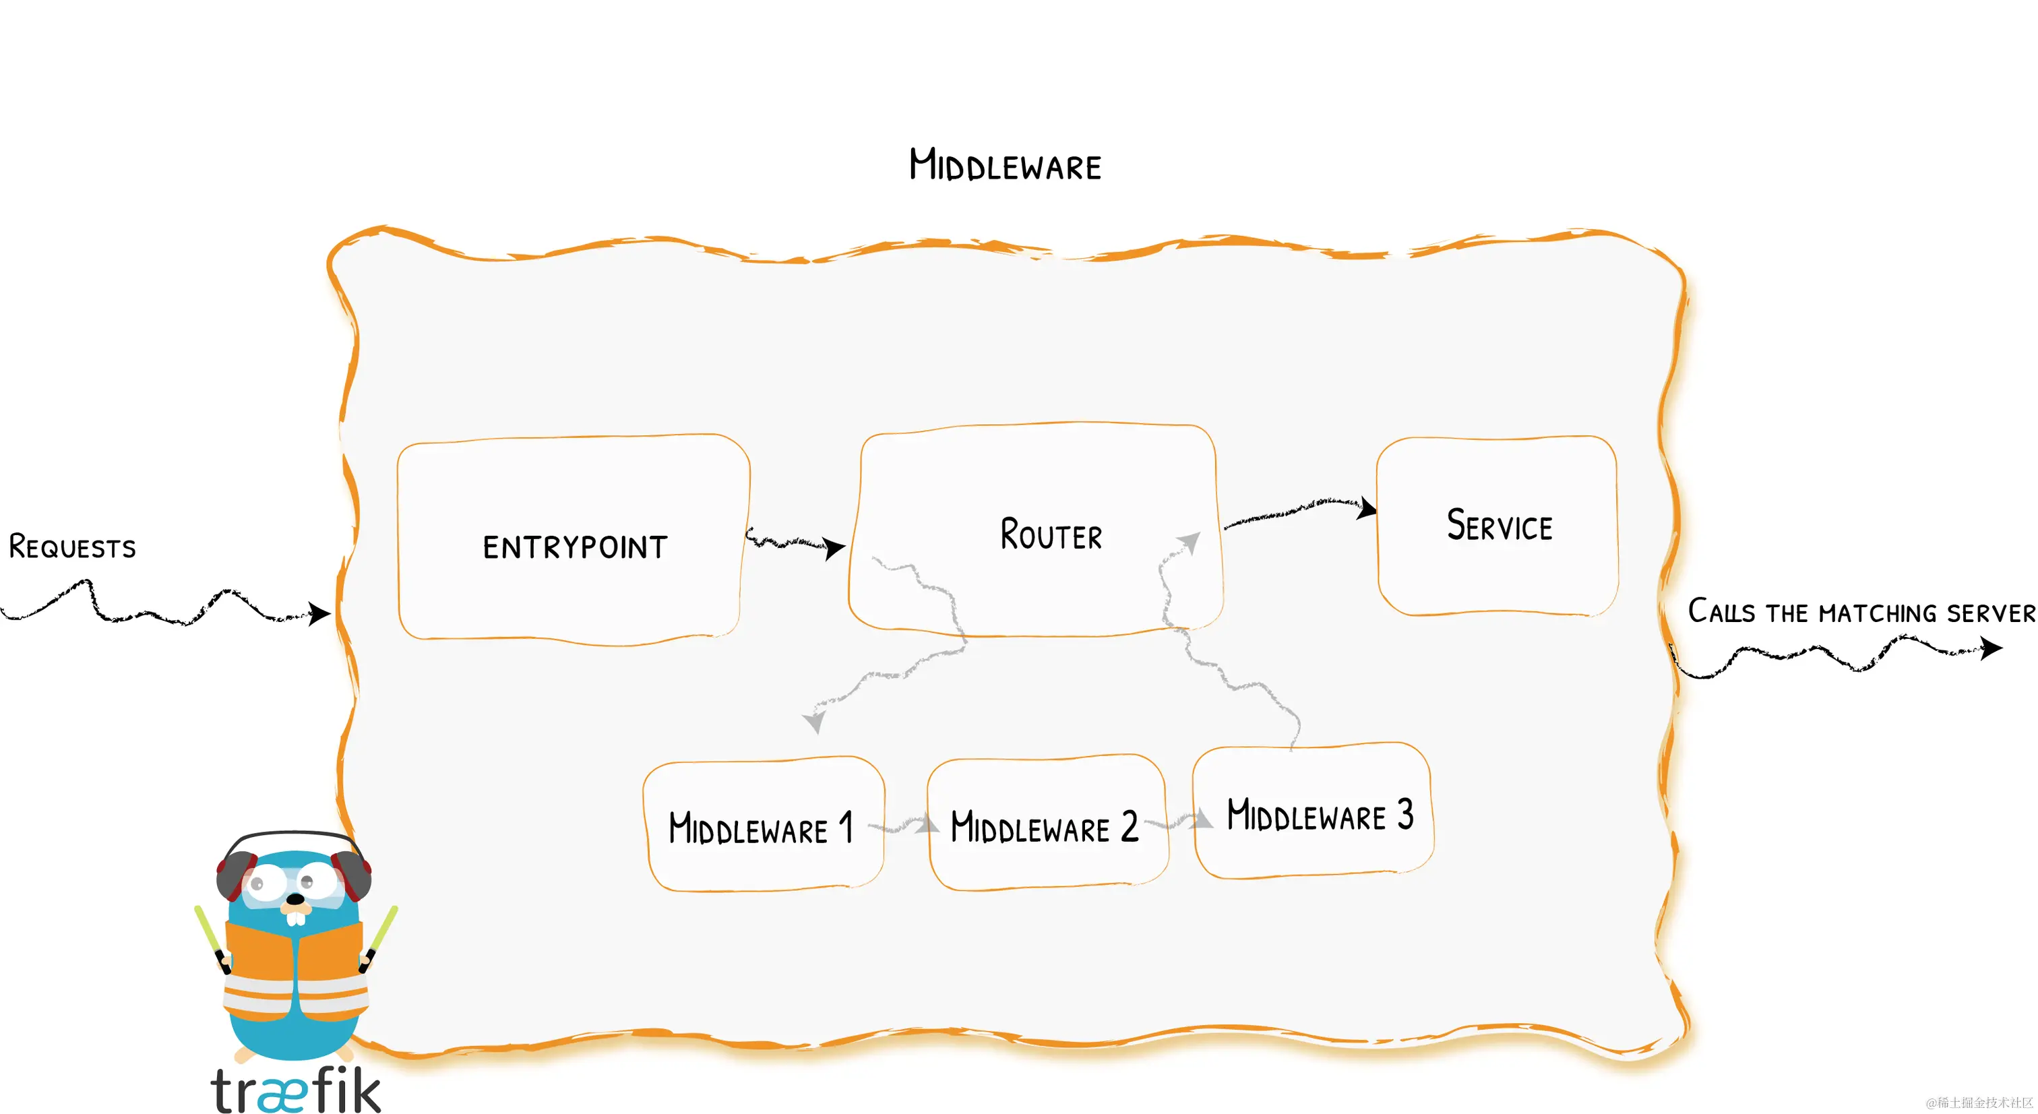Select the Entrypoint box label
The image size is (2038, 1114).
(x=575, y=547)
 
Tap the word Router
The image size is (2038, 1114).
(x=1051, y=535)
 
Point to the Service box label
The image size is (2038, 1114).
(x=1500, y=526)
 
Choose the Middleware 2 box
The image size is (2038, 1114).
(x=1045, y=826)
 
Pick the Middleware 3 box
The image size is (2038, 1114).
(x=1320, y=815)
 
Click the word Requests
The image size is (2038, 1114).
(x=72, y=547)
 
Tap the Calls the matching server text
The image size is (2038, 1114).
(x=1861, y=613)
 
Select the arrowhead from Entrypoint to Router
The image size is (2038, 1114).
(x=834, y=547)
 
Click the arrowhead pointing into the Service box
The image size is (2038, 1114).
(x=1366, y=509)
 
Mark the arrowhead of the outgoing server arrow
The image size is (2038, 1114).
(x=1991, y=649)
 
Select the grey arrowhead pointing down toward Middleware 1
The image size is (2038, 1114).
(x=813, y=722)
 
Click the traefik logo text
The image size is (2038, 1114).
(x=296, y=1090)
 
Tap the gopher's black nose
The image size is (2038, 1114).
(x=295, y=900)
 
